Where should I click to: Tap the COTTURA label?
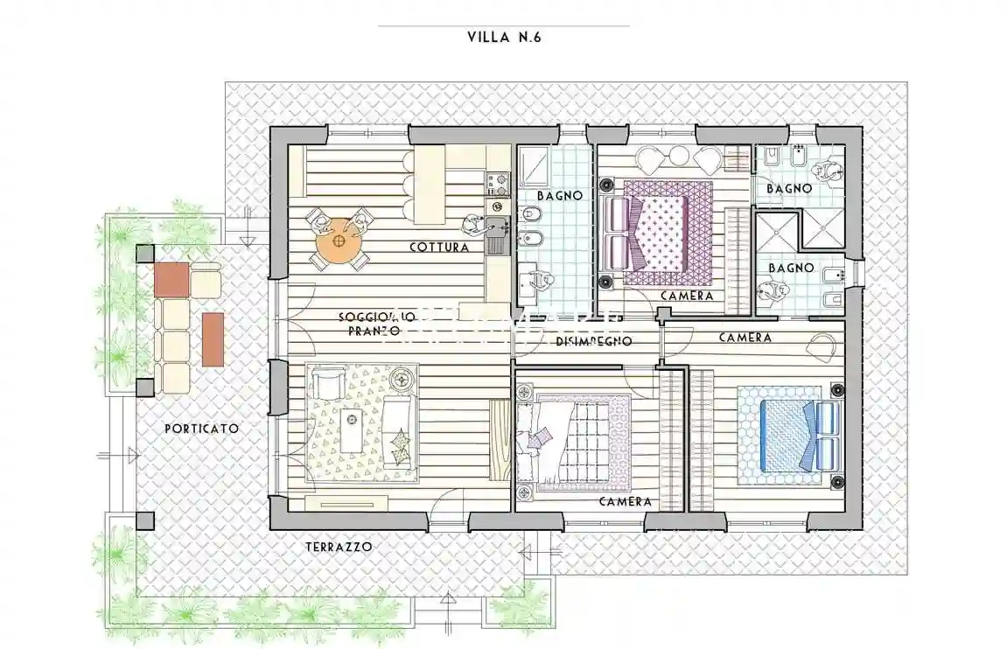tap(439, 248)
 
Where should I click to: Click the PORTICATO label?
tap(201, 429)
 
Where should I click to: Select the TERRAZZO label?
tap(339, 547)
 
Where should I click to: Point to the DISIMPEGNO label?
tap(594, 341)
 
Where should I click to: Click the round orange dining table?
tap(339, 241)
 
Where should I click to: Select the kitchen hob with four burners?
tap(497, 185)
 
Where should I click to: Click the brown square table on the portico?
tap(172, 279)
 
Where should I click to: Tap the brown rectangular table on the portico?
tap(213, 338)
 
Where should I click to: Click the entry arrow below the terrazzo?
tap(448, 600)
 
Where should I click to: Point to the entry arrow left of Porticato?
tap(131, 455)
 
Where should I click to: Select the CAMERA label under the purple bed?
tap(686, 297)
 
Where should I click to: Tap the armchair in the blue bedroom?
tap(822, 347)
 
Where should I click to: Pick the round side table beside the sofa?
tap(403, 380)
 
